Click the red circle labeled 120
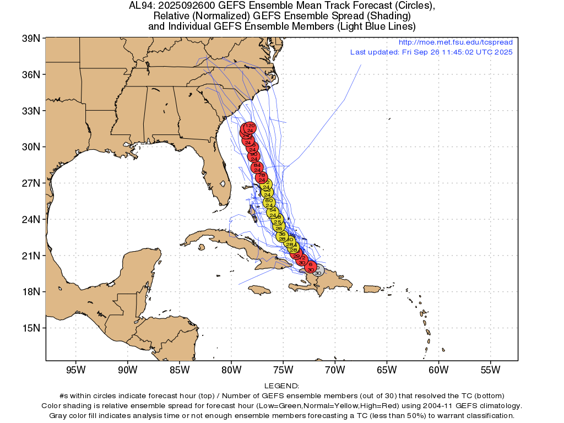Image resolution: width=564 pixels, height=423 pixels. coord(250,128)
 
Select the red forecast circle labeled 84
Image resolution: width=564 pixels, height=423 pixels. coord(257,167)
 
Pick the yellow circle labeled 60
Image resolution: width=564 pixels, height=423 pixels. coord(269,203)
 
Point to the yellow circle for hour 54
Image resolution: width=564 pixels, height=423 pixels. coord(273,213)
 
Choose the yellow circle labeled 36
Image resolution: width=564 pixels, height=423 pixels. coord(282,236)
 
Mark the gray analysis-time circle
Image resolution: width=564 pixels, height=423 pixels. coord(318,270)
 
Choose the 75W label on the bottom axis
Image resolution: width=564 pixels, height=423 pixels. coord(283,370)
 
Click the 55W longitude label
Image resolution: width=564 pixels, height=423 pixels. coord(490,370)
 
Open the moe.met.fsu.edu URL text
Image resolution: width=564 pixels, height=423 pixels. coord(455,42)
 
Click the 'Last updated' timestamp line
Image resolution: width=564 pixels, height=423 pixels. coord(431,52)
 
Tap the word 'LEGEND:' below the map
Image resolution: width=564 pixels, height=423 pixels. coord(281,386)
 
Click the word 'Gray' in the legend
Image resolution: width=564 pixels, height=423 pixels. coord(59,415)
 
